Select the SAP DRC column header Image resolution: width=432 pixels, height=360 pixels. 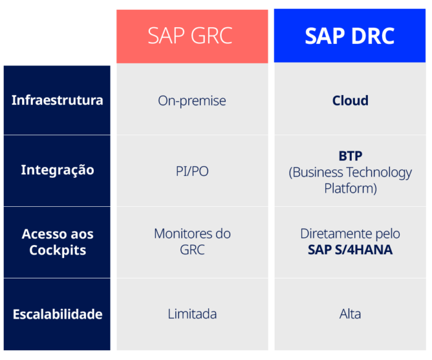coord(349,36)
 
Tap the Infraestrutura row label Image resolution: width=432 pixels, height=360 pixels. coord(57,100)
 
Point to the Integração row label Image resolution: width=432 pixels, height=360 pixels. coord(57,170)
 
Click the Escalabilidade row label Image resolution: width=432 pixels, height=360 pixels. coord(57,314)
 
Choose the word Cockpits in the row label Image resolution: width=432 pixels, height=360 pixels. coord(57,251)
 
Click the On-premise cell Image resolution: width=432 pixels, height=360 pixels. coord(192,101)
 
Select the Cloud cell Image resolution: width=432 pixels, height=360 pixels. coord(350,101)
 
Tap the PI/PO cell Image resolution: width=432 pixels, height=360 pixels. coord(192,171)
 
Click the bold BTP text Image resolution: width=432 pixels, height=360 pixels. coord(350,156)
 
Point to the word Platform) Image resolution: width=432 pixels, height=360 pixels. coord(350,188)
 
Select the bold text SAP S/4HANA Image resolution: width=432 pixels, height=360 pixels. coord(350,250)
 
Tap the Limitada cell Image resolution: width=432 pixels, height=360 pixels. coord(192,314)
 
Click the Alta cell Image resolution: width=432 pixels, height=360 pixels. coord(350,314)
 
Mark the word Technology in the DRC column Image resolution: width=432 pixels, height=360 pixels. coord(379,172)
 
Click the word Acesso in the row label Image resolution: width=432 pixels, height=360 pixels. coord(44,235)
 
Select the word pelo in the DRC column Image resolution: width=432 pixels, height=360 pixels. coord(386,234)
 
